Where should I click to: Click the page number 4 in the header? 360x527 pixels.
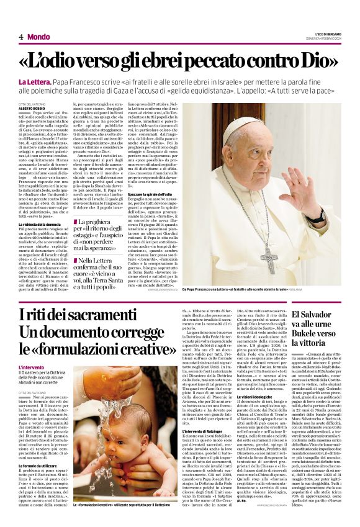pyautogui.click(x=21, y=37)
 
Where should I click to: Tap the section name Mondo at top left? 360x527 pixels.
pyautogui.click(x=39, y=37)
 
